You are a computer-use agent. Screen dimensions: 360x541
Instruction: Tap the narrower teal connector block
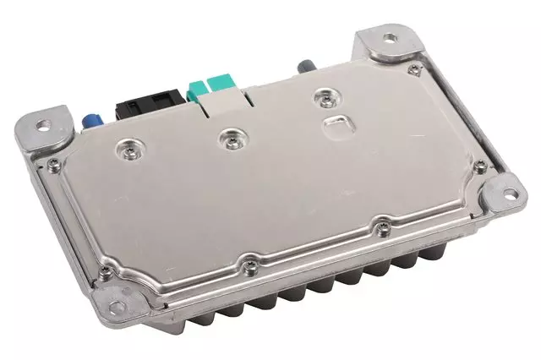tap(197, 89)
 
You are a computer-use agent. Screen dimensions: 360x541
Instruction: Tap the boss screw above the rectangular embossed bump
tap(322, 97)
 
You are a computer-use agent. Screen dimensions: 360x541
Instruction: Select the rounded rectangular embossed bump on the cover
tap(338, 127)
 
